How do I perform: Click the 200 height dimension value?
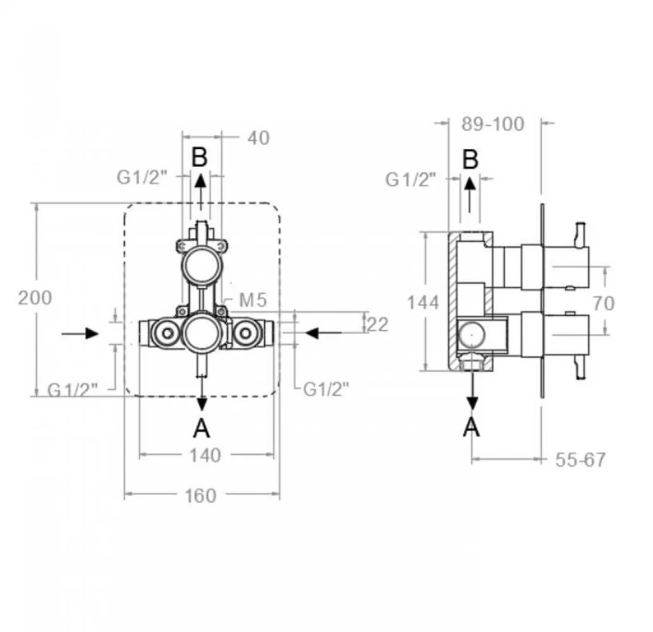35,298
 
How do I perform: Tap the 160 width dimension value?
201,495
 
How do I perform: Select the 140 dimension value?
205,455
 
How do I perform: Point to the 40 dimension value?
259,138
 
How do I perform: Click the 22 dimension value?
378,324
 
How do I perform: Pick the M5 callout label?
253,300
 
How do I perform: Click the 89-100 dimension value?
493,124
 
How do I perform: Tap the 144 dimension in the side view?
423,302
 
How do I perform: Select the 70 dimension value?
604,303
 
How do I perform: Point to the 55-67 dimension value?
580,459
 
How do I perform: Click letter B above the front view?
200,157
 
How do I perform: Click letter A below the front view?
201,428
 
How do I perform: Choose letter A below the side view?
471,427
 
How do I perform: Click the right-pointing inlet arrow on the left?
80,334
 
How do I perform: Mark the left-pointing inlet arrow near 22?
323,333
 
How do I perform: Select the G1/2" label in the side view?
410,179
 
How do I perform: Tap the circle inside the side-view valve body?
472,335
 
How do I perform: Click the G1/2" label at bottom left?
73,390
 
